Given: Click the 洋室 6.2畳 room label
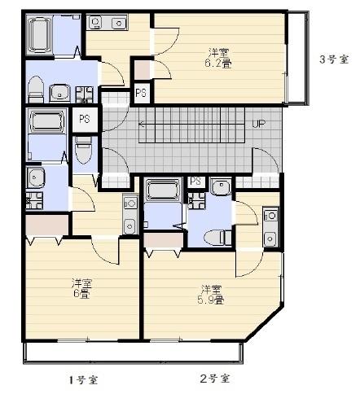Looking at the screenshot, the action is (218, 58).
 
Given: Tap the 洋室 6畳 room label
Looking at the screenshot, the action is (81, 288).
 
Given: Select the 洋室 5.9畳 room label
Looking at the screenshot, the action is (211, 295).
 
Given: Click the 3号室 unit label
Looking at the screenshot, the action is (334, 59).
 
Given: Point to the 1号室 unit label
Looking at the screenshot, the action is (83, 379).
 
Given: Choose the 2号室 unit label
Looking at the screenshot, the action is (215, 379).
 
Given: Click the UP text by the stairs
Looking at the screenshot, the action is (258, 124).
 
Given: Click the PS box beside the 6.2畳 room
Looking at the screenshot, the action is (142, 93).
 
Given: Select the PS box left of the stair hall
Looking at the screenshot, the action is (85, 120).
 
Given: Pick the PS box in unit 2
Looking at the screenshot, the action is (195, 181).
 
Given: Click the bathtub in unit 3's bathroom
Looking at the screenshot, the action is (39, 35).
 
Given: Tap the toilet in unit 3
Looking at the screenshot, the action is (36, 89).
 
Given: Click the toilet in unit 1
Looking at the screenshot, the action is (83, 150).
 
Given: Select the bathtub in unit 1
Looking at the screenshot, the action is (46, 120).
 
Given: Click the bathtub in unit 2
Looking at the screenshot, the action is (163, 189).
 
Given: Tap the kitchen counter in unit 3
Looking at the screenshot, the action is (107, 22).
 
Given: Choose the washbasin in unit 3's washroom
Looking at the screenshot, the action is (59, 92).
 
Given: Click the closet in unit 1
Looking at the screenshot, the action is (46, 225).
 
